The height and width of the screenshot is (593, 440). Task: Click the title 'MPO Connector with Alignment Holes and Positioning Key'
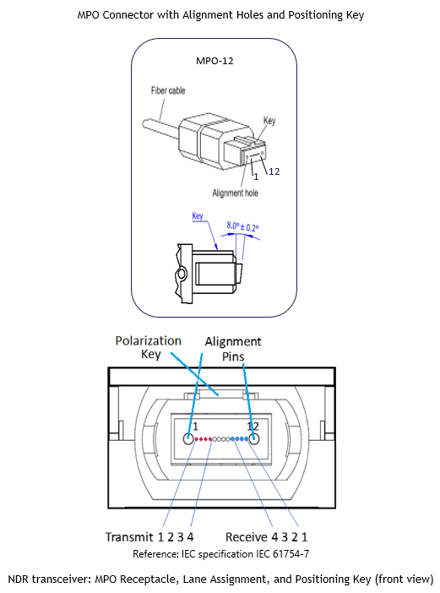[220, 15]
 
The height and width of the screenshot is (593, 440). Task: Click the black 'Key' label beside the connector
[269, 121]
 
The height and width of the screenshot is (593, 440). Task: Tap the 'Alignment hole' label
[236, 193]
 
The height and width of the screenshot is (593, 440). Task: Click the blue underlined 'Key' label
[198, 216]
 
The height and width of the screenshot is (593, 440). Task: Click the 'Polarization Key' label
[149, 347]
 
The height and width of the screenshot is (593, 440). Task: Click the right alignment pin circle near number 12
[253, 438]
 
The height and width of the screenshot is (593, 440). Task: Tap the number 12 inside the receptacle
[253, 427]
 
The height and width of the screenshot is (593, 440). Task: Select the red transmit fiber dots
[204, 439]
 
